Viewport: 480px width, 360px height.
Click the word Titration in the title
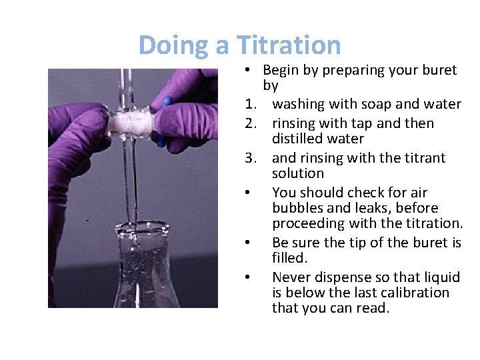click(289, 45)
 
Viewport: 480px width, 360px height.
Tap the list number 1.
click(250, 105)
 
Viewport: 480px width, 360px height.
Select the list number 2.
click(250, 124)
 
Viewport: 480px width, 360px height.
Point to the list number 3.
click(250, 159)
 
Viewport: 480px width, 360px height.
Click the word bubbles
click(296, 209)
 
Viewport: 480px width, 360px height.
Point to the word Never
click(292, 277)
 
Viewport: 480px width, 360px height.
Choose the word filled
click(288, 257)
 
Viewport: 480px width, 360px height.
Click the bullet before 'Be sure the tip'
click(247, 242)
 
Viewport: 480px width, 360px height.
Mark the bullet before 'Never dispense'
click(247, 277)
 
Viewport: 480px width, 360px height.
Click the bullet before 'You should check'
click(247, 193)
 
